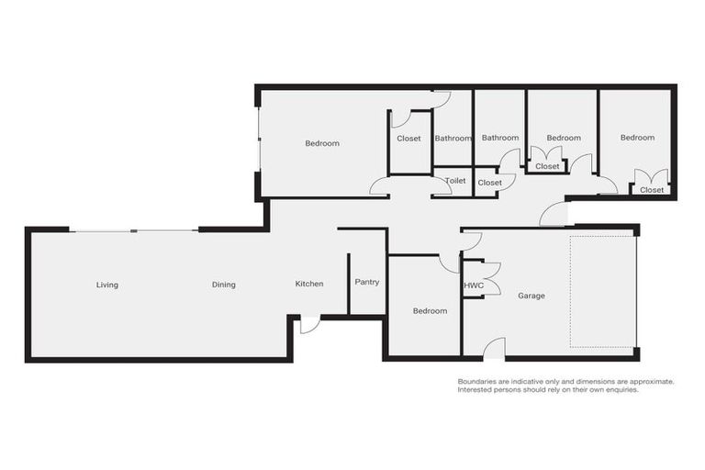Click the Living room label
click(x=107, y=285)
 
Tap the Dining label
click(x=224, y=285)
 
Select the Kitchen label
click(x=309, y=284)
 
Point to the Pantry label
click(x=367, y=282)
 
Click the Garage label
click(x=532, y=296)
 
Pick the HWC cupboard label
click(x=474, y=285)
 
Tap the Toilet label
click(x=455, y=181)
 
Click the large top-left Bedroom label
click(x=322, y=143)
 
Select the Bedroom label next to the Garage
click(x=430, y=310)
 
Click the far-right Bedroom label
click(x=637, y=138)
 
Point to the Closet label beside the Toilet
click(x=490, y=183)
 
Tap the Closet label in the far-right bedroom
click(x=652, y=190)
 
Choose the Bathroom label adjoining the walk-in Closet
click(x=453, y=139)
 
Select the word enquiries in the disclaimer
click(x=616, y=390)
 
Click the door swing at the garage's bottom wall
click(x=494, y=348)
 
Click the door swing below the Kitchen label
click(x=309, y=324)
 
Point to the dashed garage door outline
click(x=602, y=291)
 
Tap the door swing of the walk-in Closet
click(x=400, y=118)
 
